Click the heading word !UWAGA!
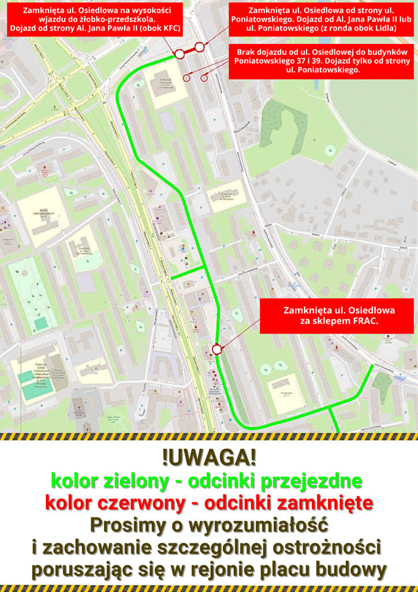tap(209, 458)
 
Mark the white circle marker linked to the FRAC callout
tap(217, 349)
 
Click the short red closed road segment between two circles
tap(189, 50)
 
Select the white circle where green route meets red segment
tap(180, 54)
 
